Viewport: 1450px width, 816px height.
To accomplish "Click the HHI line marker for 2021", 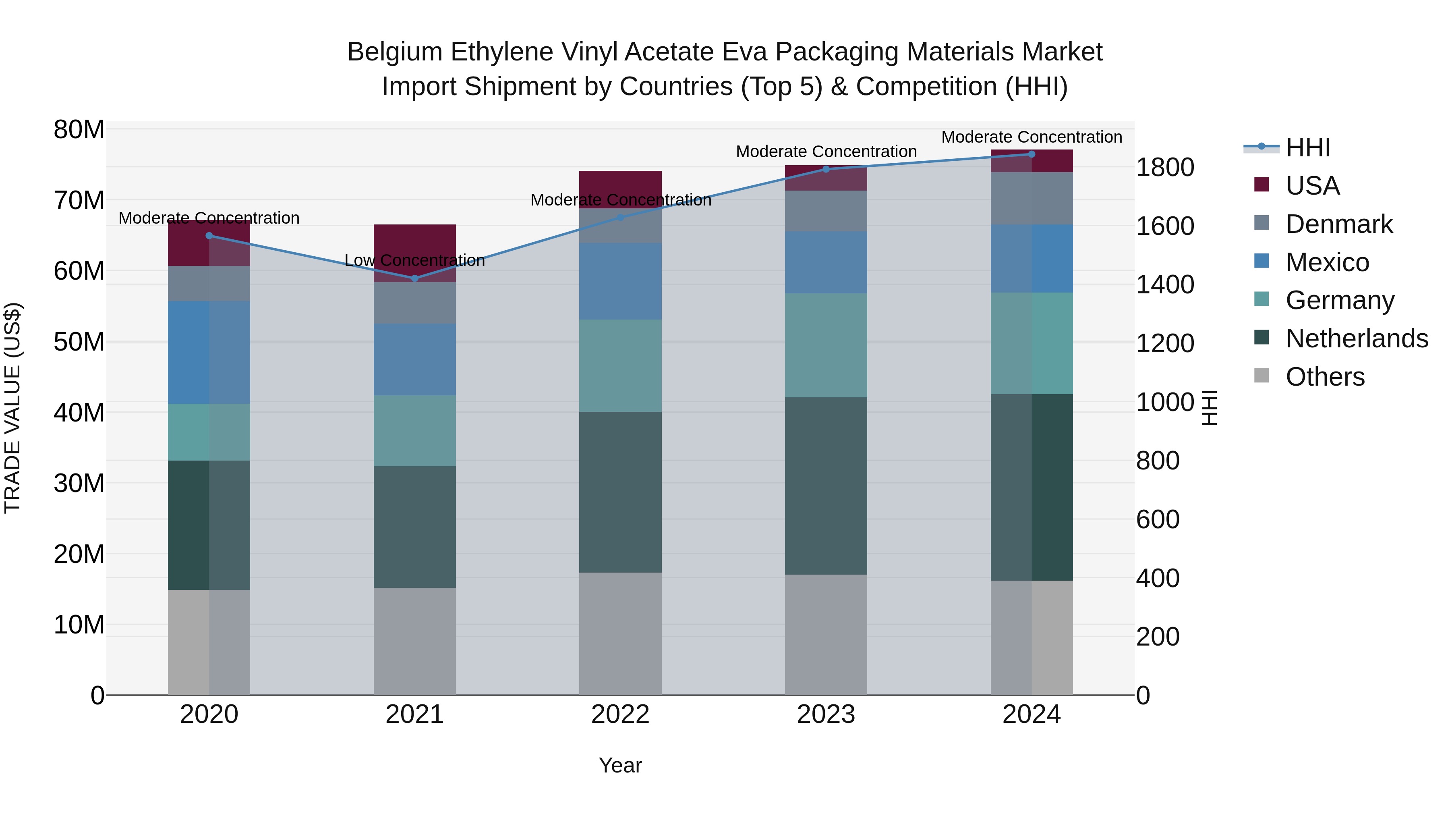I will [415, 278].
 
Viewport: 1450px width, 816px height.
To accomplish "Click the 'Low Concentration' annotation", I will [414, 261].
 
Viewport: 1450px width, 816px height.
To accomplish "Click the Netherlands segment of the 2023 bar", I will [826, 486].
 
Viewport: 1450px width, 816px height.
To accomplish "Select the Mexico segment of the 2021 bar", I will [415, 359].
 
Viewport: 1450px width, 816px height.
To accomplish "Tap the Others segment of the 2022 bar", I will [620, 633].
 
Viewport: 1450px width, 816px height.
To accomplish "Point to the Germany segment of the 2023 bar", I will [826, 345].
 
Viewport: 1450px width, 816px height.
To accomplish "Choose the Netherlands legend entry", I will [1357, 338].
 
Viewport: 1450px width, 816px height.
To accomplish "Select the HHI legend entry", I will [1307, 147].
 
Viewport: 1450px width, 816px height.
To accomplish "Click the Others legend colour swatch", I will [1261, 376].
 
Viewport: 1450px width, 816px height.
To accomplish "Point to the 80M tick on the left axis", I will [79, 130].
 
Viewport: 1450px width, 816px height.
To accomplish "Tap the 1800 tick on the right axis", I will [1164, 167].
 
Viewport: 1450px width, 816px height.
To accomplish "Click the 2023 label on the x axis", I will [826, 714].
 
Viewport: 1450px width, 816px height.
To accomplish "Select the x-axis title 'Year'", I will [620, 765].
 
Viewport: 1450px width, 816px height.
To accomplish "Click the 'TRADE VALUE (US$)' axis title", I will [12, 408].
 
